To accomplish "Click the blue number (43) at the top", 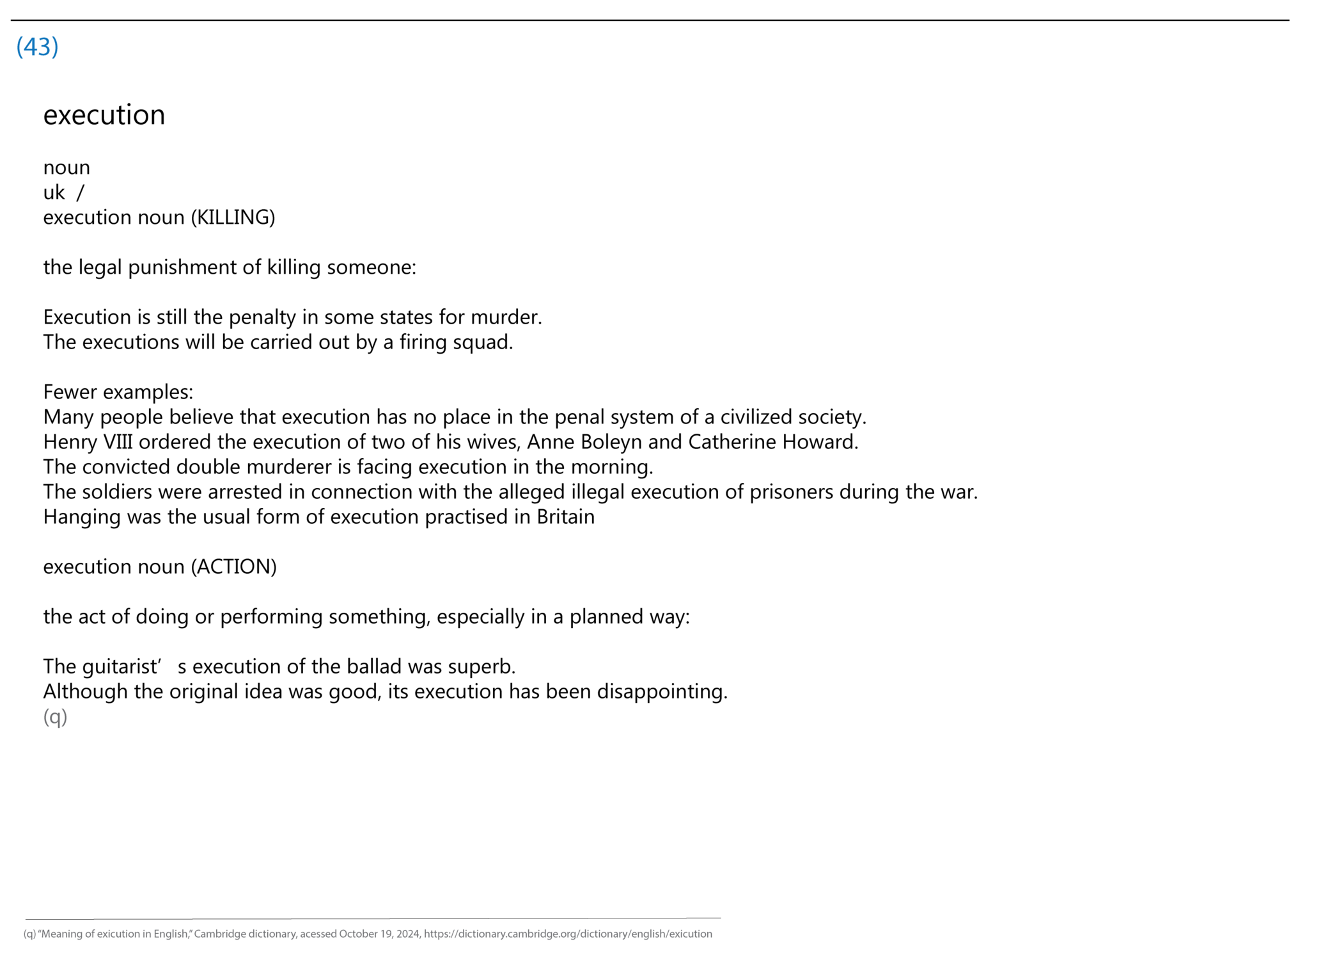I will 37,47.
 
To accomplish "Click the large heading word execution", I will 104,115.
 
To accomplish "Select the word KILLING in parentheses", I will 233,217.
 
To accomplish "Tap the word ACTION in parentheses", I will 234,567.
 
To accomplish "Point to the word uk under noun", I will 54,193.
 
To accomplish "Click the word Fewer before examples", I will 70,392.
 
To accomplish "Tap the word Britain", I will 565,517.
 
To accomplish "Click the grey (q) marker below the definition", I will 55,716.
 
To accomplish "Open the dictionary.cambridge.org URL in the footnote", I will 568,934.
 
